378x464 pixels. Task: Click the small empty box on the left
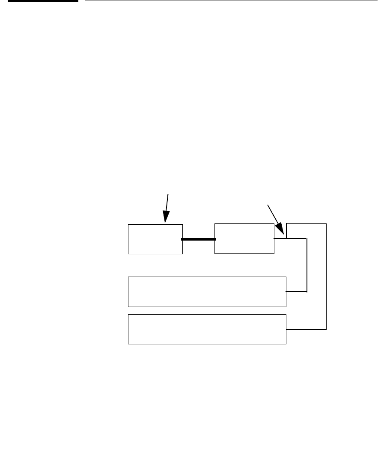coord(155,239)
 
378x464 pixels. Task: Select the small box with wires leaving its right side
coord(244,238)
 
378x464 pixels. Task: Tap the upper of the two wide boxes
coord(207,292)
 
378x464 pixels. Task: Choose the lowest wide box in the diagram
coord(207,329)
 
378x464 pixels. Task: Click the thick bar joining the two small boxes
coord(198,239)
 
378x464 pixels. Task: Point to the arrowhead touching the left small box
coord(165,220)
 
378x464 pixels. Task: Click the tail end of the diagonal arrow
coord(268,205)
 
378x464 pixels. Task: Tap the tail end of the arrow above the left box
coord(168,194)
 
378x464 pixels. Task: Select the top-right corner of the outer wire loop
coord(327,224)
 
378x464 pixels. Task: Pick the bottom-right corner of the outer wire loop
coord(327,329)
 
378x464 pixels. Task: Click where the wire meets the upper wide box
coord(286,292)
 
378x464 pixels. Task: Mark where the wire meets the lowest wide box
coord(286,329)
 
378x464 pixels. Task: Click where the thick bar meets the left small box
coord(183,239)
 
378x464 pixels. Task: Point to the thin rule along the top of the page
coord(231,1)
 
